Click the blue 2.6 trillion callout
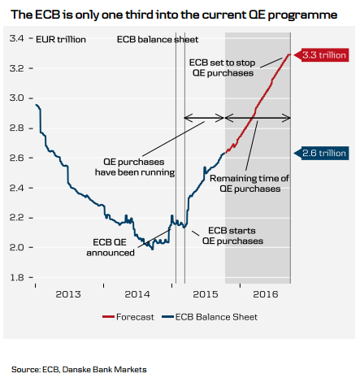pos(324,152)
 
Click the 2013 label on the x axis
pos(67,293)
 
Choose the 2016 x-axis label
pos(265,293)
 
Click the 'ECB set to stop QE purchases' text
pos(221,67)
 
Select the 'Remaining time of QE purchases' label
pos(245,183)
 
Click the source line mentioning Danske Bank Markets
pos(79,370)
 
